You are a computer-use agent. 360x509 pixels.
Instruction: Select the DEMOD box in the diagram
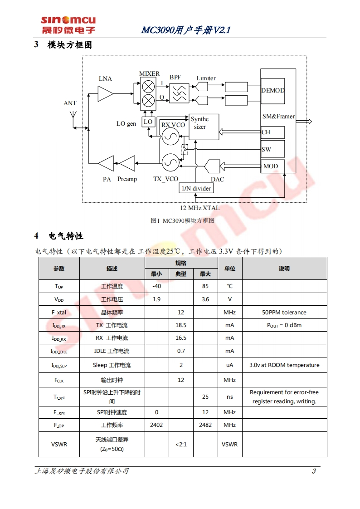[272, 90]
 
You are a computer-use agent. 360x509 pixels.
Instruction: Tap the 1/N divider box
[196, 188]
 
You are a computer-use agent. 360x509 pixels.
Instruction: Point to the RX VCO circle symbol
[171, 137]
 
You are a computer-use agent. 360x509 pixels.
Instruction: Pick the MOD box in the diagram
[272, 166]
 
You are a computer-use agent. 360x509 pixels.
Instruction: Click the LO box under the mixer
[148, 122]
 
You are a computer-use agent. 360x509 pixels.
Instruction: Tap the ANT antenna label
[70, 103]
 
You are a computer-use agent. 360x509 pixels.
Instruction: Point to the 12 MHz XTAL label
[199, 208]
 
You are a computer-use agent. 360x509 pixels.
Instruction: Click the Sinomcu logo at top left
[68, 25]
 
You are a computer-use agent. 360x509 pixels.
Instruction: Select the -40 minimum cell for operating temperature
[156, 286]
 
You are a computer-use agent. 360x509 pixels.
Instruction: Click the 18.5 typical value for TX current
[181, 325]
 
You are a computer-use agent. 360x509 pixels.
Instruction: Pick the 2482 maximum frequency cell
[205, 425]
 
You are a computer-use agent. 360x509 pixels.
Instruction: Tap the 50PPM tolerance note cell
[284, 313]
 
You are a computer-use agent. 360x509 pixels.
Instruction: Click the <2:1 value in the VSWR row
[181, 444]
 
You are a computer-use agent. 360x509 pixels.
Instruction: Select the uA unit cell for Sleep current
[230, 365]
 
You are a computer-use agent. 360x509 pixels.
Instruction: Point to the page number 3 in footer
[314, 471]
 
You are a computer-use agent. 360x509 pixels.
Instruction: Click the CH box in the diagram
[272, 132]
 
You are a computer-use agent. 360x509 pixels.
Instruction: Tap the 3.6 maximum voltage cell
[205, 299]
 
